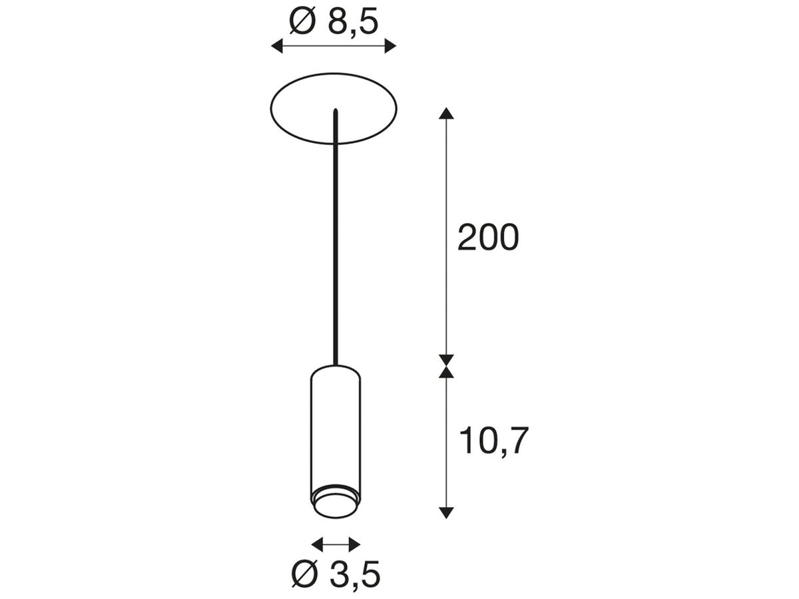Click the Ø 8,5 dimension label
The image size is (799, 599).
pos(334,22)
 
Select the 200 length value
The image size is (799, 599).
pos(487,238)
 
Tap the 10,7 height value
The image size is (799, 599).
pos(493,441)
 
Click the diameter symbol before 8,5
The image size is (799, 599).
pos(302,22)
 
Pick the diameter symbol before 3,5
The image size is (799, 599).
pos(304,574)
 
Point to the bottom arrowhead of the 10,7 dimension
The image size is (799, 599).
pos(447,512)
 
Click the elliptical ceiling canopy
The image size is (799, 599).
pos(300,110)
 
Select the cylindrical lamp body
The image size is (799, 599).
pos(336,426)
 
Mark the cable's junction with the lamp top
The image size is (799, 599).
pos(336,365)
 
